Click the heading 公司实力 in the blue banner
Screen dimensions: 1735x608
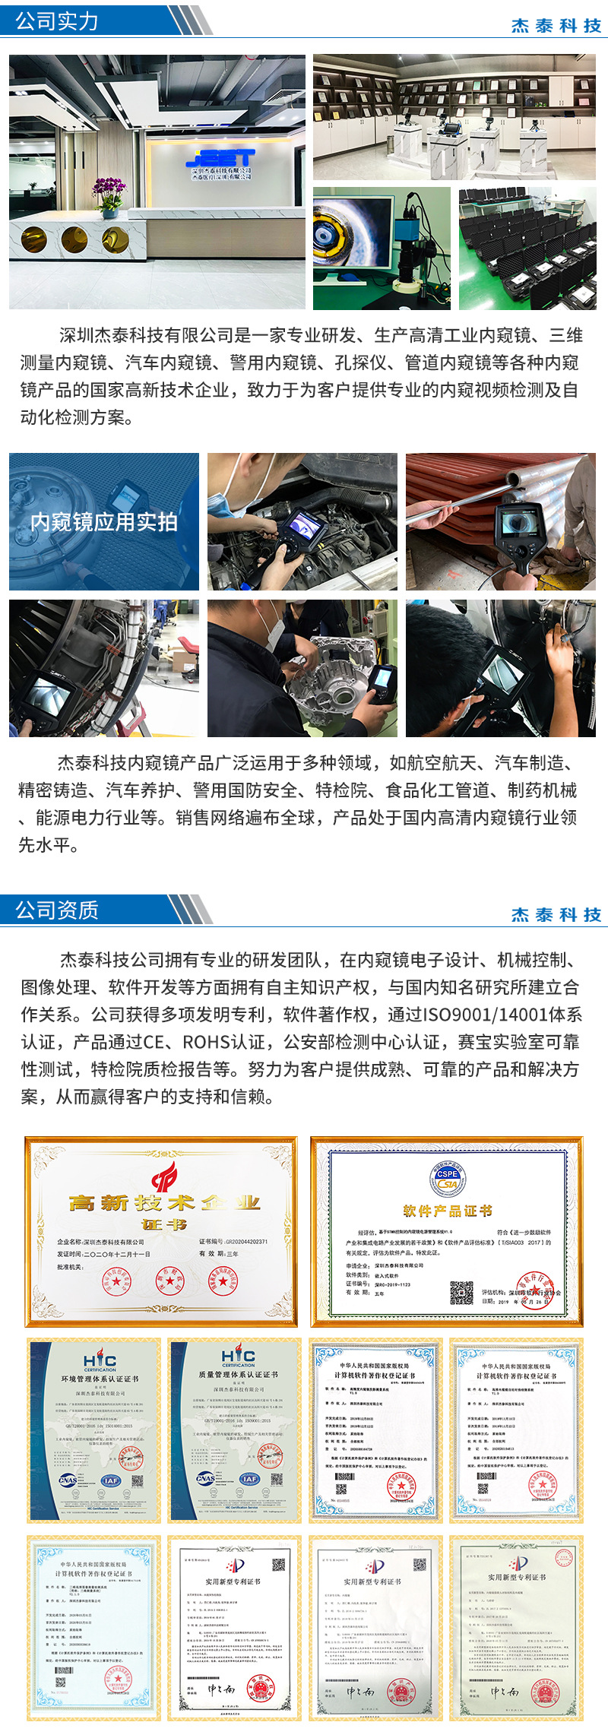click(x=57, y=21)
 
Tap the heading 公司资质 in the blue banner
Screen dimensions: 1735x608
click(x=57, y=910)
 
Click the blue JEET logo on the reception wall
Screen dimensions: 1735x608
click(x=220, y=157)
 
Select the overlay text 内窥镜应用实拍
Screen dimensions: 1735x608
click(x=104, y=522)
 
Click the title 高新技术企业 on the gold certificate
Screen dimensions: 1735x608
click(x=164, y=1203)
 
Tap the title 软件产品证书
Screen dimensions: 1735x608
click(x=447, y=1211)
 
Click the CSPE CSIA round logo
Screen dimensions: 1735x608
click(x=447, y=1179)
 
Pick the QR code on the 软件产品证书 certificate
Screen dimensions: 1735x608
click(x=461, y=1292)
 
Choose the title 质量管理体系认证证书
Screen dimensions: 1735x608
click(x=238, y=1375)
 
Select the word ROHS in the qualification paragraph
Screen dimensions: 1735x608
click(x=212, y=1042)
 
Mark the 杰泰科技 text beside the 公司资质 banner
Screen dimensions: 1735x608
click(x=556, y=914)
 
